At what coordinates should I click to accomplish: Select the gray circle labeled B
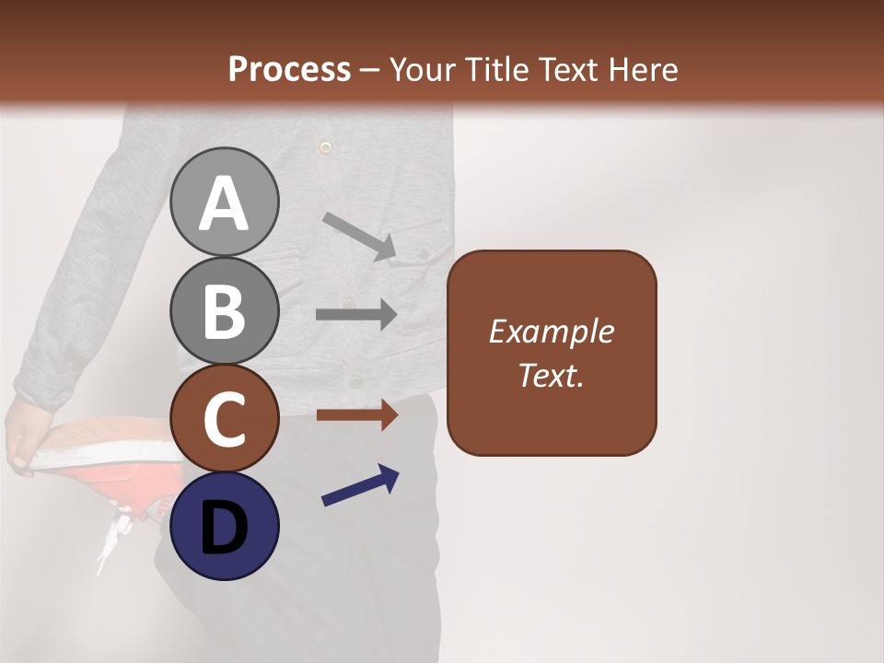point(224,310)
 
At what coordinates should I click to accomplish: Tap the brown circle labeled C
point(224,419)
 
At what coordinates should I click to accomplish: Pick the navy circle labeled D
point(224,526)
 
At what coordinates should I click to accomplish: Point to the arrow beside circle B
point(356,315)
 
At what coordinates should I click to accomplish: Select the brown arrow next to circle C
point(356,415)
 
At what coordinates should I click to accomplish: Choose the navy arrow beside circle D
point(360,486)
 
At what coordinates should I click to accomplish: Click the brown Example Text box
point(552,353)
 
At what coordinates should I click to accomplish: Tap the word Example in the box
point(552,331)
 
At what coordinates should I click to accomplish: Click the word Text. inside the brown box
point(552,376)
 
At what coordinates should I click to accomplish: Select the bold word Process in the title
point(289,69)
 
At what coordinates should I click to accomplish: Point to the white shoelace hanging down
point(114,539)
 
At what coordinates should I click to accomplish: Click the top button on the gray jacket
point(324,146)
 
